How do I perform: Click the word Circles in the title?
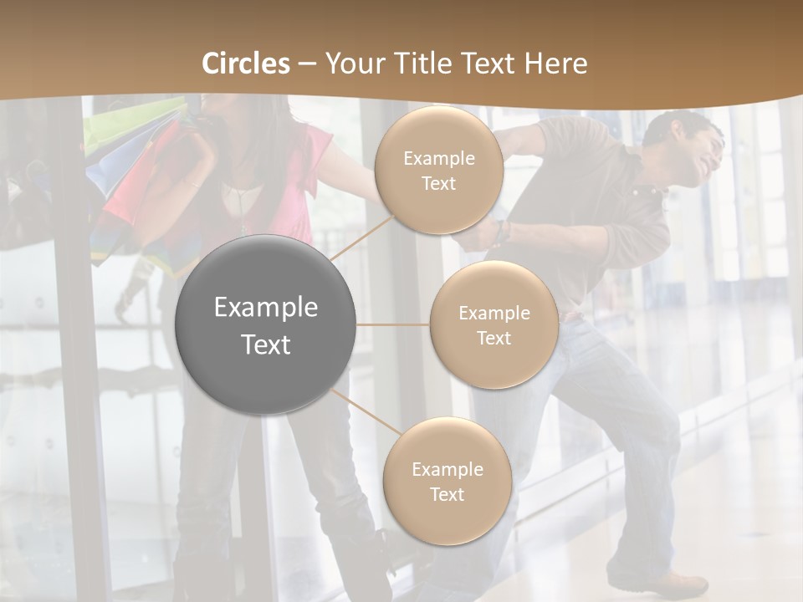tap(246, 64)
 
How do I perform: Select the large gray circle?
tap(265, 324)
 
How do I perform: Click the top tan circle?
tap(438, 171)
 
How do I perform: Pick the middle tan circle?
tap(494, 324)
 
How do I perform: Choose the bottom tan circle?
tap(447, 481)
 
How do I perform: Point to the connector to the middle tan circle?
tap(392, 324)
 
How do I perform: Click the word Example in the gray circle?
tap(265, 308)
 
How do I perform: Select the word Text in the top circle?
tap(438, 184)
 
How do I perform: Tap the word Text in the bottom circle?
tap(447, 494)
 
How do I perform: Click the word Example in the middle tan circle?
tap(494, 314)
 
